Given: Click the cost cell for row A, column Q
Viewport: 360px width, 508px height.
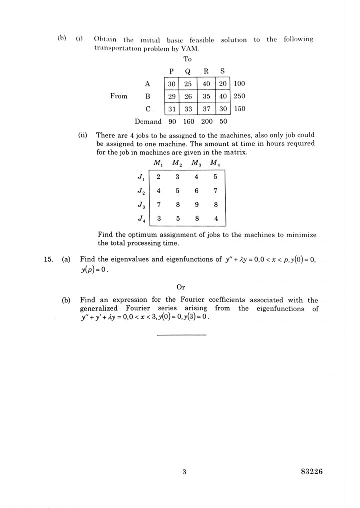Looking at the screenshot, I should (188, 84).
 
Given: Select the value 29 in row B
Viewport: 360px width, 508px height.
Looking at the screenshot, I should (171, 96).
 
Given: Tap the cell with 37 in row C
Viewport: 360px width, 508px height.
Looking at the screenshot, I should (206, 109).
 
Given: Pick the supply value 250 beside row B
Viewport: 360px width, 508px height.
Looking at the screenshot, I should (240, 96).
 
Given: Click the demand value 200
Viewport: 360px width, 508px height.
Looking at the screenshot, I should (207, 121).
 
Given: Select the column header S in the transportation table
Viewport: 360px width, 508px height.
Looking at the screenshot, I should (222, 71).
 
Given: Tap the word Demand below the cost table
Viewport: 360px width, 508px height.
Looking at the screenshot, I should (148, 121).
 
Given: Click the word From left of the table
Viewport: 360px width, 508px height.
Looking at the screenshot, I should (119, 96).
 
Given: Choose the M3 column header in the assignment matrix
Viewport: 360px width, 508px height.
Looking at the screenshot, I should (195, 163).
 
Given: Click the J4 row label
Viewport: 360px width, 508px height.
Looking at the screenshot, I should (141, 218).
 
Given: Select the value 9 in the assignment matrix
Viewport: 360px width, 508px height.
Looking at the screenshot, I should (196, 204).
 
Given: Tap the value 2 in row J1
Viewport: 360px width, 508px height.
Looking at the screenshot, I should (158, 176).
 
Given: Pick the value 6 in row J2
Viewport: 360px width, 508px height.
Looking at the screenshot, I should (196, 190).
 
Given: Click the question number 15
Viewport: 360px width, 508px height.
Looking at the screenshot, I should (48, 259).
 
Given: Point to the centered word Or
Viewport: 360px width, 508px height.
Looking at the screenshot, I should (181, 287).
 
